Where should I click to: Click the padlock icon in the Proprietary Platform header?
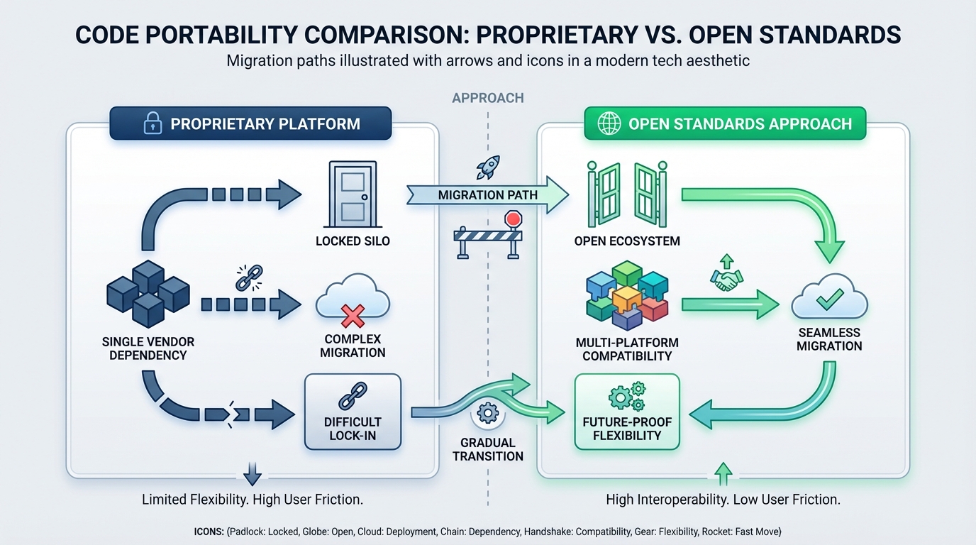(152, 124)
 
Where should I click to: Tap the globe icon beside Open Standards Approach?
(609, 124)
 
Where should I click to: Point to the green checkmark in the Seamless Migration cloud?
(828, 301)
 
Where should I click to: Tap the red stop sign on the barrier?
(513, 219)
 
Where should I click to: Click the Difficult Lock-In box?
(353, 412)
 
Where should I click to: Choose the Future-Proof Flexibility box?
(627, 412)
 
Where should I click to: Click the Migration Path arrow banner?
(488, 195)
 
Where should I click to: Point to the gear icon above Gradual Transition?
(487, 414)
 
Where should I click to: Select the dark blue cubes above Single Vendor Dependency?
(148, 292)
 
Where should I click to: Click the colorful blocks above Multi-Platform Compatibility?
(627, 294)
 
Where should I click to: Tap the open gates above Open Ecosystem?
(627, 193)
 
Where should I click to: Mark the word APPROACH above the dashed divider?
(487, 98)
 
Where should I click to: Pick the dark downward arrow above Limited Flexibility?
(253, 473)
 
